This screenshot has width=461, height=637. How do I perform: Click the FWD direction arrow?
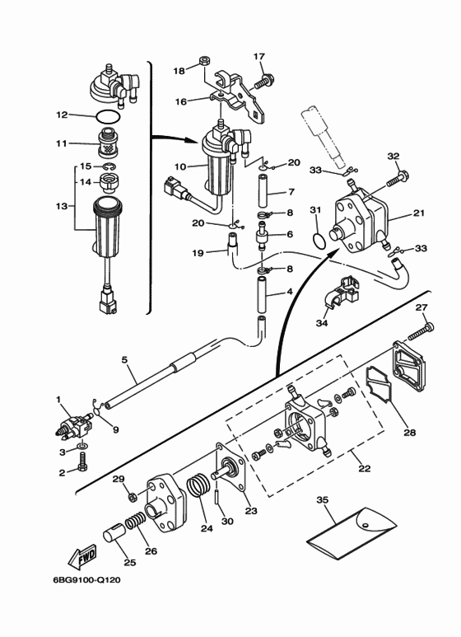coord(81,556)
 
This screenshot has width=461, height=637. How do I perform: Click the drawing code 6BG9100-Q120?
coord(86,579)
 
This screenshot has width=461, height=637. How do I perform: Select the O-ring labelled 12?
coord(109,117)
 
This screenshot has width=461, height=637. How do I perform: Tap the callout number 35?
coord(322,500)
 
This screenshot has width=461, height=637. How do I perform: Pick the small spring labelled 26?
coord(135,521)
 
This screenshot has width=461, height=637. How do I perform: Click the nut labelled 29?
coord(131,496)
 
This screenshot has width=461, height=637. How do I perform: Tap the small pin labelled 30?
coord(217,498)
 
